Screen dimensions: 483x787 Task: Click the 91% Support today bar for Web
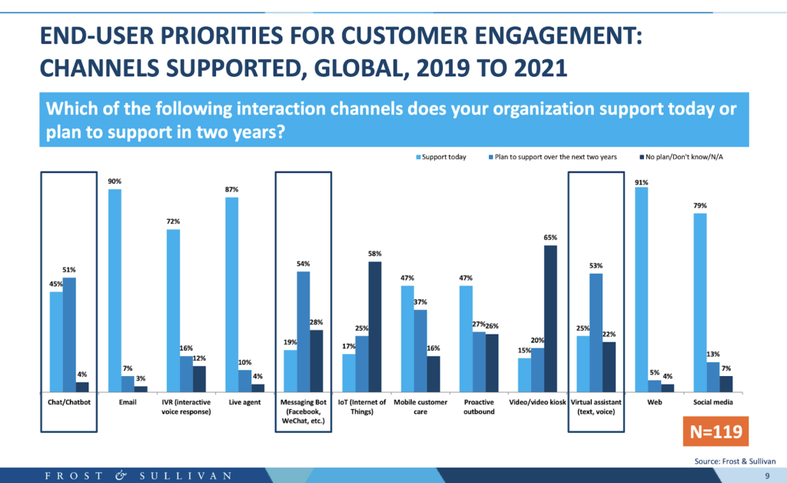point(642,289)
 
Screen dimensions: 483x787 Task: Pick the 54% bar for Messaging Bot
point(303,331)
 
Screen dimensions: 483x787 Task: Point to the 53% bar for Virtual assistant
point(596,332)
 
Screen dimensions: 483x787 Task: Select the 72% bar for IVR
point(173,310)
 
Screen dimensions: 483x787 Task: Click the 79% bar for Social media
point(700,302)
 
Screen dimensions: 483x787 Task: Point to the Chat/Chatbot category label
point(68,401)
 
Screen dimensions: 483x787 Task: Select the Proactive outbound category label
point(479,406)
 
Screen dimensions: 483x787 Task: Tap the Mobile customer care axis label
point(420,406)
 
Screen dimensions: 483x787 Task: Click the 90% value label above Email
point(115,182)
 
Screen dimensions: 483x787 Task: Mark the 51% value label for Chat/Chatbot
point(69,271)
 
